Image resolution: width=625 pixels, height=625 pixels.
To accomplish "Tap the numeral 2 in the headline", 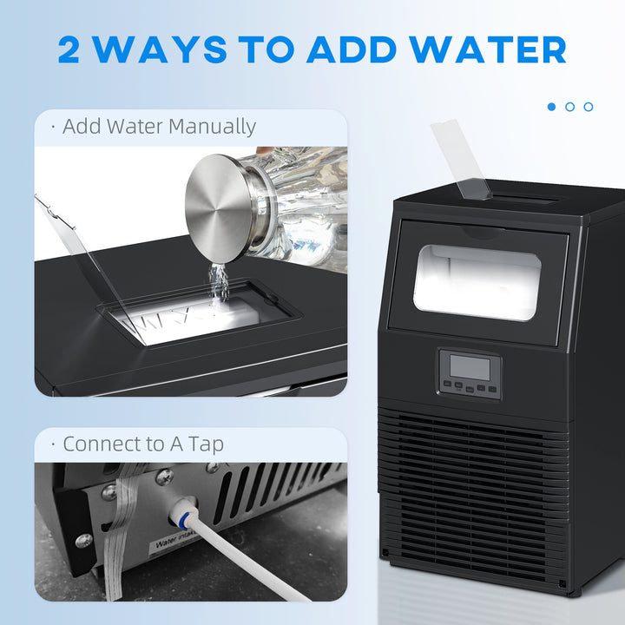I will (76, 49).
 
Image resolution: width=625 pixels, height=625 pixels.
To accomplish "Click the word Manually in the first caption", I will (212, 127).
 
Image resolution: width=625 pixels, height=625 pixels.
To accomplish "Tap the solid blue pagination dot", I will (551, 107).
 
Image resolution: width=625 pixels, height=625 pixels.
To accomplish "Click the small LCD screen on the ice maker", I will (469, 365).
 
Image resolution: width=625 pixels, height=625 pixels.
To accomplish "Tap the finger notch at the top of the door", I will (476, 232).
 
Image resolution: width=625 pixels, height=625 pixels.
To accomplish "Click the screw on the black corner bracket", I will (83, 541).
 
